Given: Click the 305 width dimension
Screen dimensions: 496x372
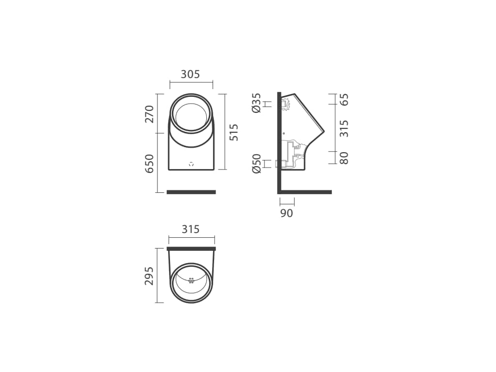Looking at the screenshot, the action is tap(190, 74).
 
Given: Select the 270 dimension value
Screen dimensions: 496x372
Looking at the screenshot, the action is tap(149, 114).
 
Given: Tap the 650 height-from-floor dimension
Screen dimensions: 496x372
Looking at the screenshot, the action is tap(149, 164).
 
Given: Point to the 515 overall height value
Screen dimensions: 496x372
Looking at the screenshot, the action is tap(234, 132).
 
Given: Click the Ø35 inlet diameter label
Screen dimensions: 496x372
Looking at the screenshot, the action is tap(256, 103).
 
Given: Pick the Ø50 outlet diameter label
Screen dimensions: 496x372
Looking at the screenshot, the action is tap(256, 164).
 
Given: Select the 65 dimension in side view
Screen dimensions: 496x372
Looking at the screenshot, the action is tap(344, 99).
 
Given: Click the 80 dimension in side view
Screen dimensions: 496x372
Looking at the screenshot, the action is tap(344, 158).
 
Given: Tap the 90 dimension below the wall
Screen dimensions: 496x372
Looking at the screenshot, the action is tap(287, 213).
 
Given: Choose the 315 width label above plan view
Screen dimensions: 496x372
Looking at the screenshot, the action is tap(191, 229).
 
